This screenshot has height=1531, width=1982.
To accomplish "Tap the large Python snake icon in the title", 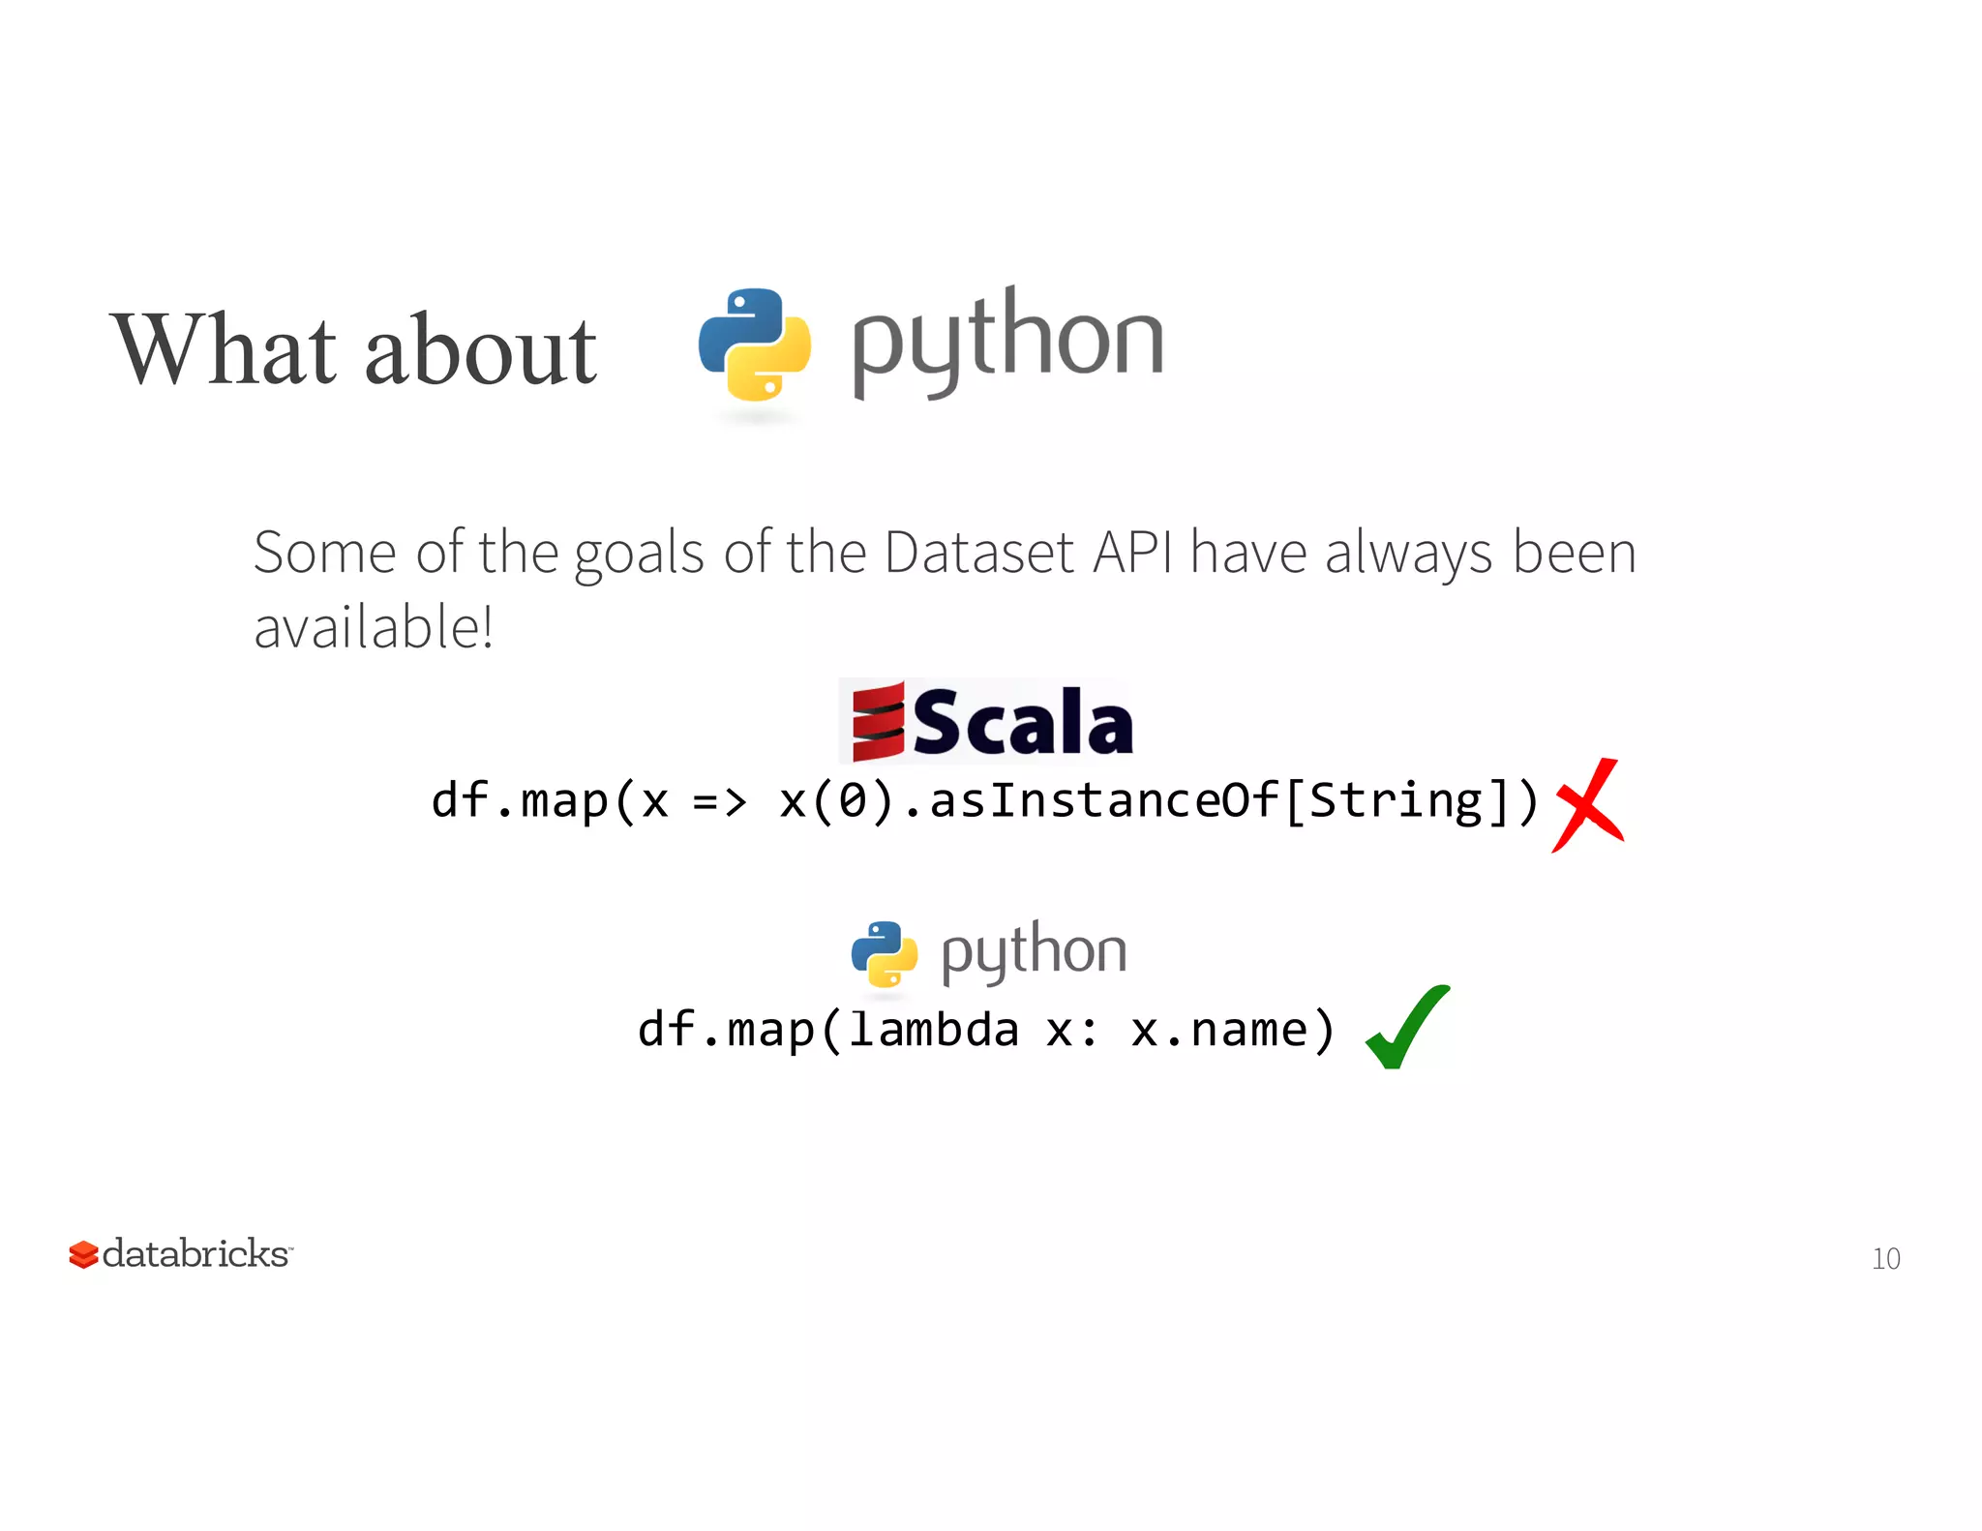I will [755, 345].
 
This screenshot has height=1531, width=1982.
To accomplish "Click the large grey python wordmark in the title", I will [1006, 341].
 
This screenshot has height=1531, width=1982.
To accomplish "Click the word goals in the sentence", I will [639, 555].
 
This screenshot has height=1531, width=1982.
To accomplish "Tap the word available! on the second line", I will [374, 627].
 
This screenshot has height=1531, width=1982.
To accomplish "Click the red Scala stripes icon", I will [878, 722].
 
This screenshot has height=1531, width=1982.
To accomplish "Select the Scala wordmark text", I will [1022, 722].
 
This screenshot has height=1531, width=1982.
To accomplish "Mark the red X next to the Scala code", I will [1587, 805].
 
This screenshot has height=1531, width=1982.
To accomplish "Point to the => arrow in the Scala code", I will [720, 801].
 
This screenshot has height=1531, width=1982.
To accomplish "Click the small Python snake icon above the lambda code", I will [885, 954].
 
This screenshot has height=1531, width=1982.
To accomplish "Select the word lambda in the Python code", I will [934, 1030].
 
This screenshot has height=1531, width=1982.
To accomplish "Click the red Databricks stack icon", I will [84, 1254].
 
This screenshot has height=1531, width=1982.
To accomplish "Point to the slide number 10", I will [1885, 1258].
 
